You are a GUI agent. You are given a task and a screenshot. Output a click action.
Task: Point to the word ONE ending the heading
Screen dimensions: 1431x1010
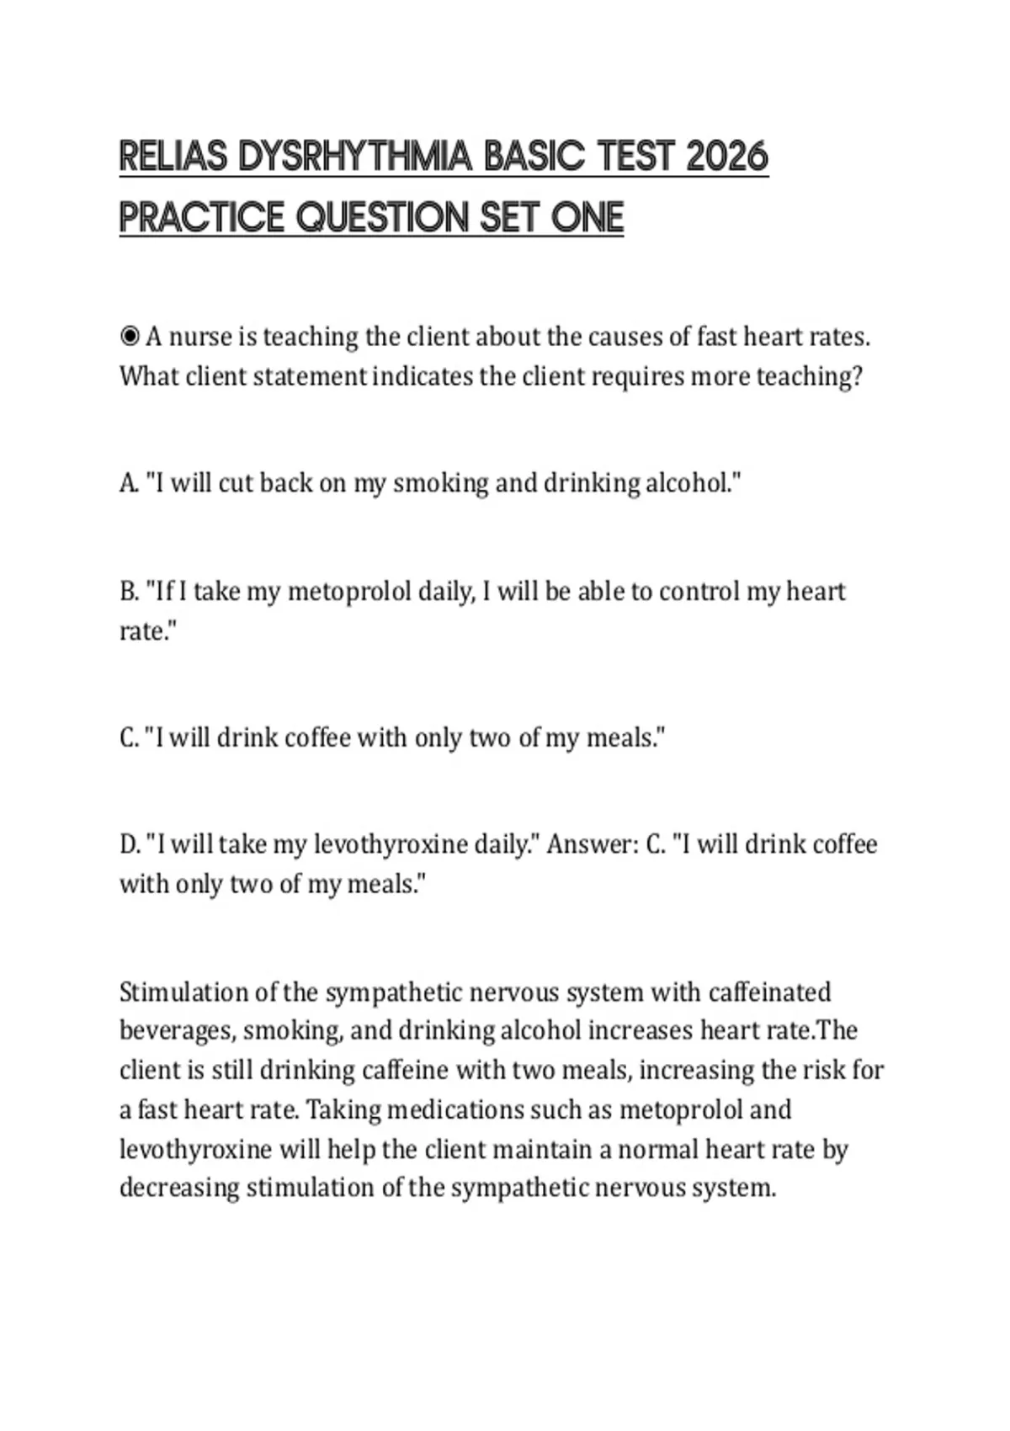pyautogui.click(x=587, y=218)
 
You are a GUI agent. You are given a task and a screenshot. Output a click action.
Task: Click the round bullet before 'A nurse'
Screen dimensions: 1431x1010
pyautogui.click(x=130, y=338)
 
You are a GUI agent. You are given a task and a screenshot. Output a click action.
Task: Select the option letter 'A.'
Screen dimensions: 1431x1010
pyautogui.click(x=129, y=483)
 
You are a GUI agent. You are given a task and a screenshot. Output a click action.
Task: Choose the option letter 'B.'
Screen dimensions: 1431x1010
pyautogui.click(x=129, y=592)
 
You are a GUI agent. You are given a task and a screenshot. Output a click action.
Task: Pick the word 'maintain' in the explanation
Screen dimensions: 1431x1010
pyautogui.click(x=543, y=1150)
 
